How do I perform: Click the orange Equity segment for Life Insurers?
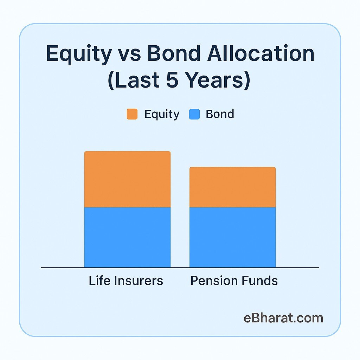[x=127, y=179]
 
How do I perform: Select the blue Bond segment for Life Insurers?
[x=127, y=237]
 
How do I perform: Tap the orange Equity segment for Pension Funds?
[x=232, y=187]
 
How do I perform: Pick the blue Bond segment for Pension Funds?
[x=232, y=237]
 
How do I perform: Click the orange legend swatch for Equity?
[x=132, y=114]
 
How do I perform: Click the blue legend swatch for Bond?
[x=194, y=114]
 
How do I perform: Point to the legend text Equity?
[x=162, y=115]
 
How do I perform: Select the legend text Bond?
[x=220, y=114]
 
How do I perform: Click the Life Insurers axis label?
[x=126, y=281]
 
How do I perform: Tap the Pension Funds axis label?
[x=234, y=281]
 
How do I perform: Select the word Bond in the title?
[x=174, y=53]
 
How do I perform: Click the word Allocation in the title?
[x=261, y=53]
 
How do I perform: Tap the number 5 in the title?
[x=172, y=80]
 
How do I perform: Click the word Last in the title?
[x=137, y=80]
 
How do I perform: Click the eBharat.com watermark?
[x=283, y=318]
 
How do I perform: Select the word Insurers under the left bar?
[x=138, y=281]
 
